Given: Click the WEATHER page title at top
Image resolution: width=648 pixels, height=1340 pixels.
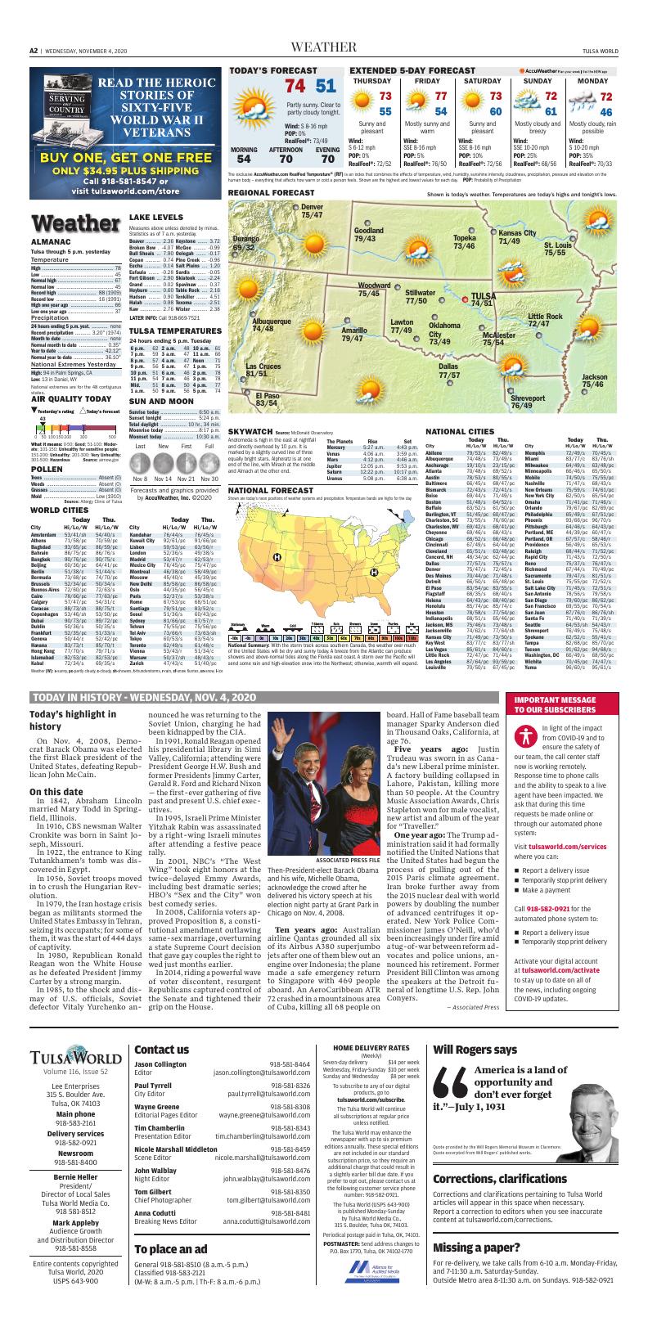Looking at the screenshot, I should tap(323, 47).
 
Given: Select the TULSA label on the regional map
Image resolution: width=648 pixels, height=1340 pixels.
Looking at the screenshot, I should tap(484, 296).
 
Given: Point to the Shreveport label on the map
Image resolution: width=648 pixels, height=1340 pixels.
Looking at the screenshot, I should tap(527, 398).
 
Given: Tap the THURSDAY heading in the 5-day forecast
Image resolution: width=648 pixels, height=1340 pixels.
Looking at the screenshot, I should tap(371, 82).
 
